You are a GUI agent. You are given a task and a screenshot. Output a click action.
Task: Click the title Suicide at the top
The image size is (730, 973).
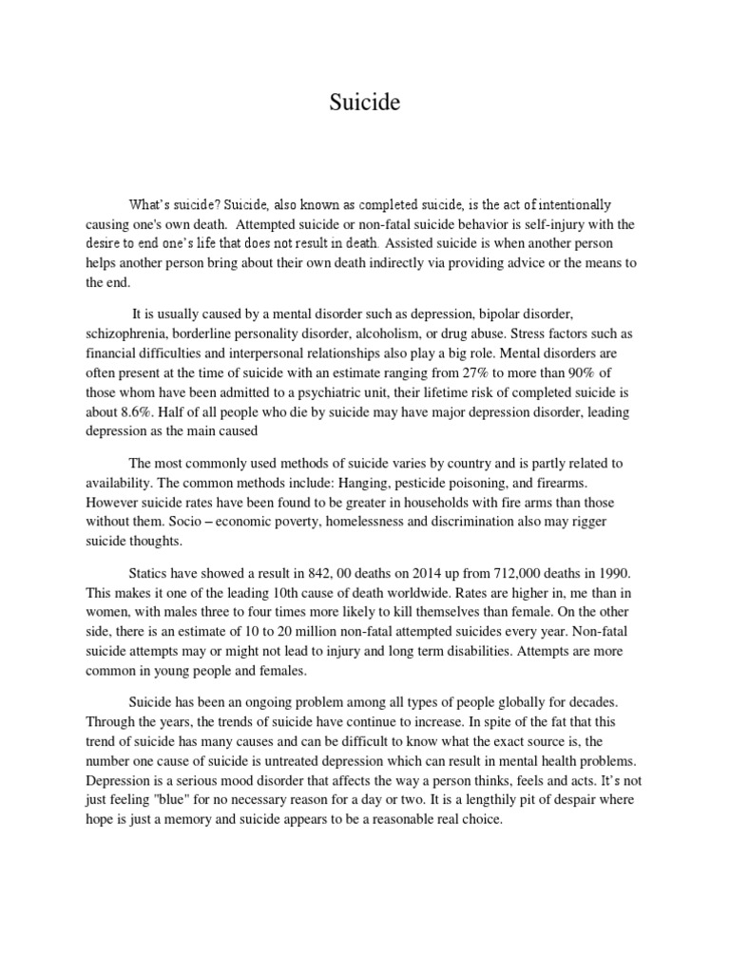tap(364, 104)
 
